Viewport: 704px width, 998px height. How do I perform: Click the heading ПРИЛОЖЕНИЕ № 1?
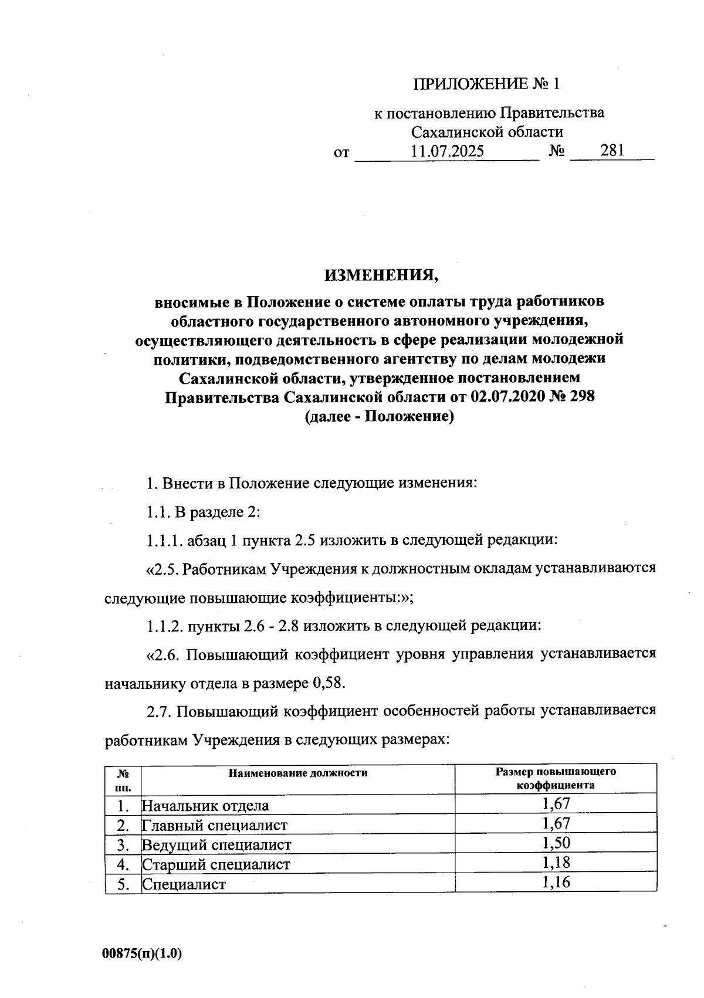(487, 84)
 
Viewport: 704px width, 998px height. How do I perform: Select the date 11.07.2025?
(448, 152)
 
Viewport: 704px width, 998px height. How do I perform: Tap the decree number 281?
(612, 151)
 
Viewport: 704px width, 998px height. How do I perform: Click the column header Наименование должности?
(298, 773)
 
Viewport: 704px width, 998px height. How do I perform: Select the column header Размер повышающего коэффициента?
(555, 778)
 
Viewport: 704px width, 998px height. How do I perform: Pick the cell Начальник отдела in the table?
(205, 806)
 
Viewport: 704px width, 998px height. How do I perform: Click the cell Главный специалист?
(215, 826)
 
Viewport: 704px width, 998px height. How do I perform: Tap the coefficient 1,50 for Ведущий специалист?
(556, 843)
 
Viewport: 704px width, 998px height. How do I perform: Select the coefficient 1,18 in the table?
(556, 863)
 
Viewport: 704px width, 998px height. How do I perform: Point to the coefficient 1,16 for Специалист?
(556, 882)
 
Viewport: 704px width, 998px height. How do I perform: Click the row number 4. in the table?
(123, 864)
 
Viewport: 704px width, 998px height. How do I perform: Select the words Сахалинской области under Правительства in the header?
(487, 132)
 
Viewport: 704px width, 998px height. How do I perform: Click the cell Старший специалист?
(216, 864)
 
